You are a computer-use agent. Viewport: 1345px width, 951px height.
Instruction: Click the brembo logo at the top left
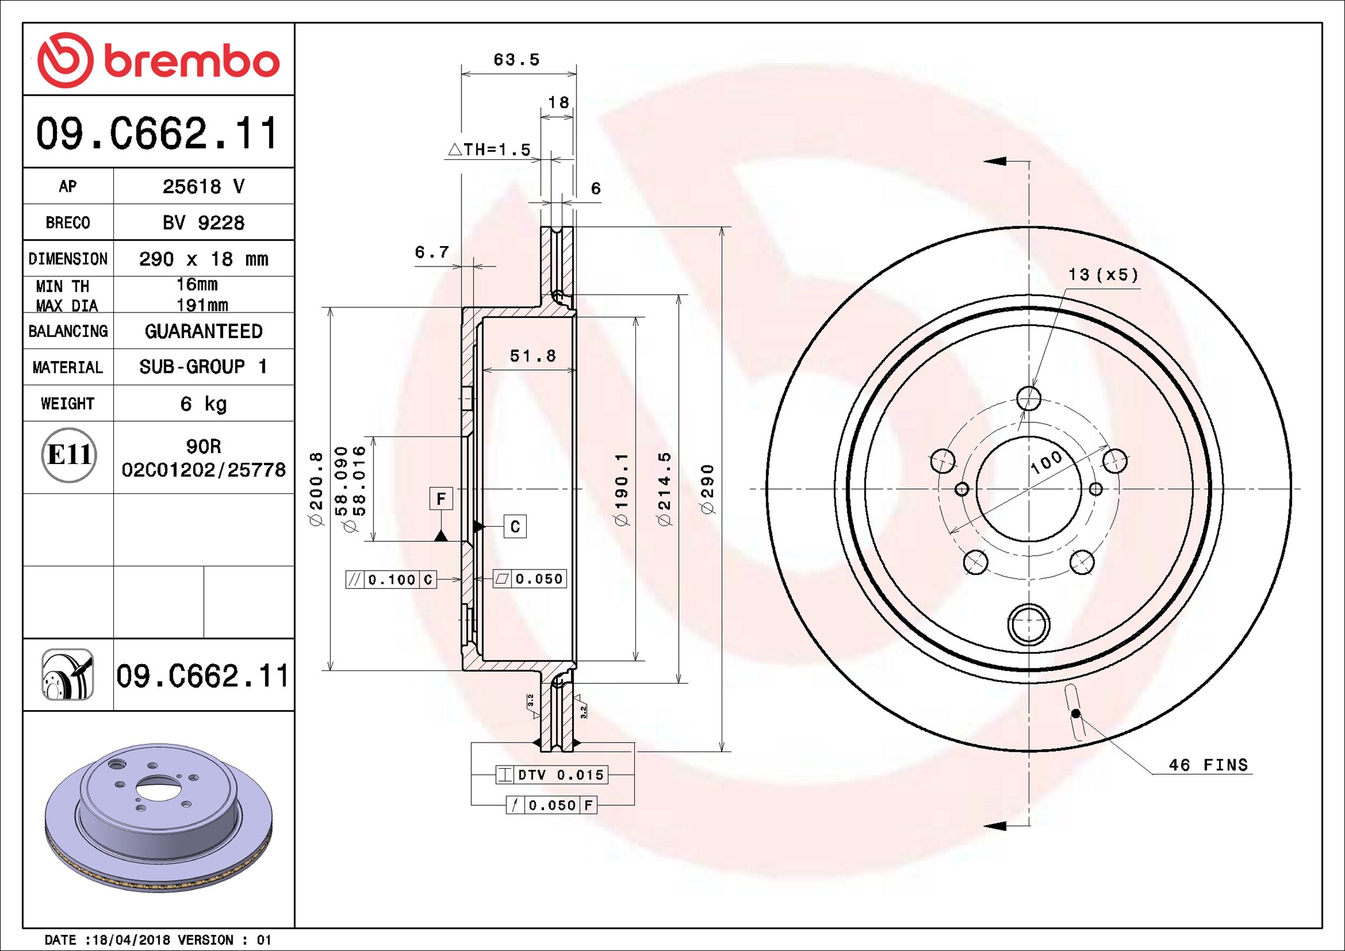[159, 59]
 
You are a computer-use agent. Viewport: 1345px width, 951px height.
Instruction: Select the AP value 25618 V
[203, 186]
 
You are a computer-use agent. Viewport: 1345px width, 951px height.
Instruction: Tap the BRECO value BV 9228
[203, 222]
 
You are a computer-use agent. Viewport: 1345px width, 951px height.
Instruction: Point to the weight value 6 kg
[203, 403]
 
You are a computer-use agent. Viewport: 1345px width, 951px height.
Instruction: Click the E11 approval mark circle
[69, 455]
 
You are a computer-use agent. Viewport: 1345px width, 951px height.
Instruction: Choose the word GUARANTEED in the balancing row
[203, 331]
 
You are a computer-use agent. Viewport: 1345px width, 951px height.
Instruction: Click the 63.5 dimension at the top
[517, 59]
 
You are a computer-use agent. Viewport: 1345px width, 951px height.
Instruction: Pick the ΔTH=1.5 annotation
[490, 150]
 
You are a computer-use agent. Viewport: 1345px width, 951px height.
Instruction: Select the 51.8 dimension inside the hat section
[533, 356]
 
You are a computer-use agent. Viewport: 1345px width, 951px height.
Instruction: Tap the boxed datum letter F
[441, 499]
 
